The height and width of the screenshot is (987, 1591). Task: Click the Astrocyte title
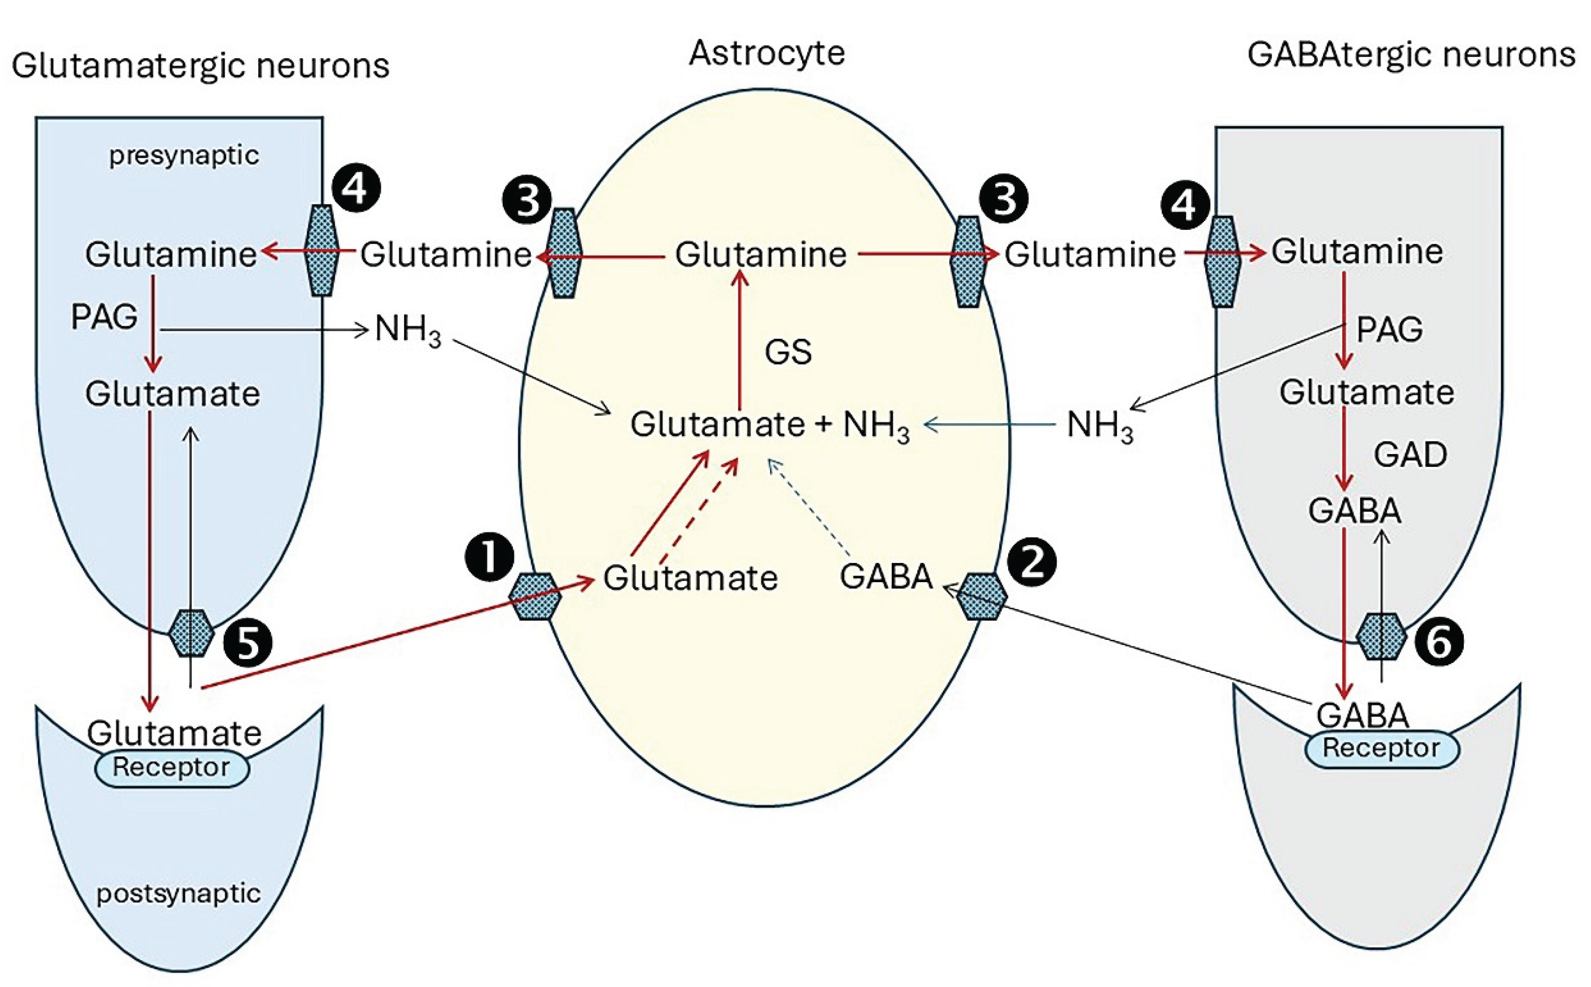(x=767, y=53)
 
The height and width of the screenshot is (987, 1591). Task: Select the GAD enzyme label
(x=1409, y=455)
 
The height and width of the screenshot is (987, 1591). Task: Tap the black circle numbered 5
(x=247, y=644)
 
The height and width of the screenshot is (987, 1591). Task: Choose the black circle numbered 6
(x=1439, y=643)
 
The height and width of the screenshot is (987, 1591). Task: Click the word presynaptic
(x=184, y=155)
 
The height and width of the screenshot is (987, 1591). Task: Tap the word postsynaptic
(x=178, y=893)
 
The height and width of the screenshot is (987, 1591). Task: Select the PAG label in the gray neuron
(x=1389, y=330)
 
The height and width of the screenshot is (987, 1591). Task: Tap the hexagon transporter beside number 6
(x=1381, y=636)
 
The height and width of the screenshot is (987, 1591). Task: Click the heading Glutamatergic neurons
(x=200, y=67)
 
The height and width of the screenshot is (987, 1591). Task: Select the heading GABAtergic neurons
(x=1411, y=55)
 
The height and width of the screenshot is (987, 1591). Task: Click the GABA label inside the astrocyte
(x=886, y=577)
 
